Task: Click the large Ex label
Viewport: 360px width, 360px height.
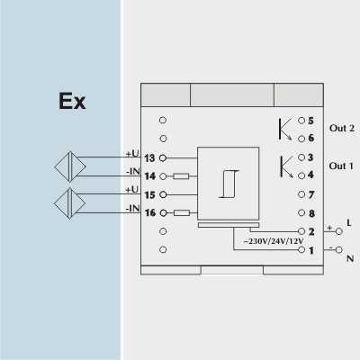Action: click(x=72, y=102)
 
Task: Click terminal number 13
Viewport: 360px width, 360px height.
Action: click(x=149, y=158)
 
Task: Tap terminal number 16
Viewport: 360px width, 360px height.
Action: click(x=150, y=212)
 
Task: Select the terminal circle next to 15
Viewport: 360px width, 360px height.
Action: click(x=163, y=194)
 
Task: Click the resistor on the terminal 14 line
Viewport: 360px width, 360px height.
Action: click(x=181, y=176)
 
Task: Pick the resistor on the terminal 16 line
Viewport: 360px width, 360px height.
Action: click(x=182, y=213)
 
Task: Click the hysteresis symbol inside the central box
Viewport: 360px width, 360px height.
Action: click(x=229, y=184)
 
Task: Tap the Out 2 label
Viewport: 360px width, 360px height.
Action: click(x=342, y=128)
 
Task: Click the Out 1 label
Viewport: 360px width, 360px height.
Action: click(x=341, y=166)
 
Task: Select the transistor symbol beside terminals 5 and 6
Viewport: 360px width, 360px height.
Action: click(x=285, y=129)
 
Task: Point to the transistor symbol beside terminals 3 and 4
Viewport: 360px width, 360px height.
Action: click(x=286, y=167)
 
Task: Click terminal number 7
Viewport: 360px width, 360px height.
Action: click(x=311, y=194)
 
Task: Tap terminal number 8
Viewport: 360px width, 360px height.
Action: click(x=311, y=213)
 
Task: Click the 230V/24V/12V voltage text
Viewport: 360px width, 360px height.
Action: click(x=274, y=241)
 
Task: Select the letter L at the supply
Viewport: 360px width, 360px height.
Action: click(x=349, y=222)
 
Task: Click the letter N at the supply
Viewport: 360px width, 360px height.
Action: click(x=350, y=258)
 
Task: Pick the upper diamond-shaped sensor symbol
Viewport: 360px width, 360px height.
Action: click(x=70, y=166)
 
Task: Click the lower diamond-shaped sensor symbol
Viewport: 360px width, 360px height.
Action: click(x=70, y=203)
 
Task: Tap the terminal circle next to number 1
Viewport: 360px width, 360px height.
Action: click(x=301, y=249)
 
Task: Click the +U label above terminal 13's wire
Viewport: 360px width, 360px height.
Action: click(x=132, y=153)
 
